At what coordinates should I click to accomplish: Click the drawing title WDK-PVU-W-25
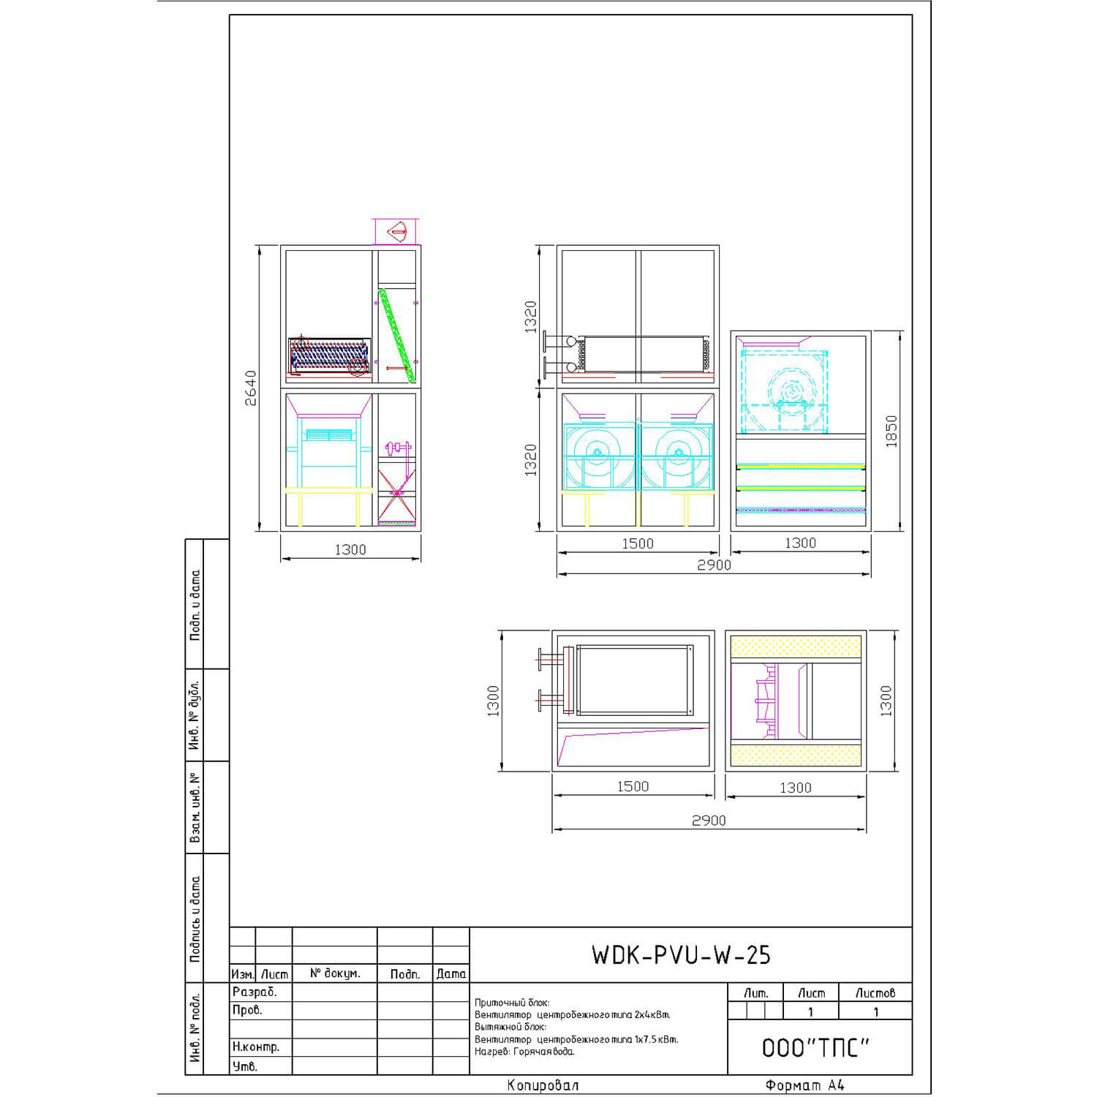click(681, 954)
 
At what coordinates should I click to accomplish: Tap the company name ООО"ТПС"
click(815, 1047)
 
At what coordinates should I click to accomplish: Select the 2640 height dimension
click(251, 388)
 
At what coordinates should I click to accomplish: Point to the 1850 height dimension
click(891, 431)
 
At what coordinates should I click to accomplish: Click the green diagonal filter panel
click(396, 335)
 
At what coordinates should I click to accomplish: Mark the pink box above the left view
click(396, 231)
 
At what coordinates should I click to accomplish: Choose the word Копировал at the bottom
click(543, 1085)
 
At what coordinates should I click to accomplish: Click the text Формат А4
click(804, 1085)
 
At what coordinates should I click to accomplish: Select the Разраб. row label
click(255, 992)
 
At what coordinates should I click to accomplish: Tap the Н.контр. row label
click(256, 1047)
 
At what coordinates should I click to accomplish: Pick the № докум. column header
click(335, 973)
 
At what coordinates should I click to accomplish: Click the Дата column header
click(451, 973)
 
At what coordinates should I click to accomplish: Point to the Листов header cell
click(875, 992)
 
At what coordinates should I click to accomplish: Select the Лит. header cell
click(755, 992)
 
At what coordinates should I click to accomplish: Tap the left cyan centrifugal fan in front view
click(598, 456)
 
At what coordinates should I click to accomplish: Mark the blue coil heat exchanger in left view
click(329, 356)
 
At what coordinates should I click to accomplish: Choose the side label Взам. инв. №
click(195, 807)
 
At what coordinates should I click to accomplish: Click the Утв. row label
click(244, 1066)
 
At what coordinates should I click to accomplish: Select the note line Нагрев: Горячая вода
click(524, 1052)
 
